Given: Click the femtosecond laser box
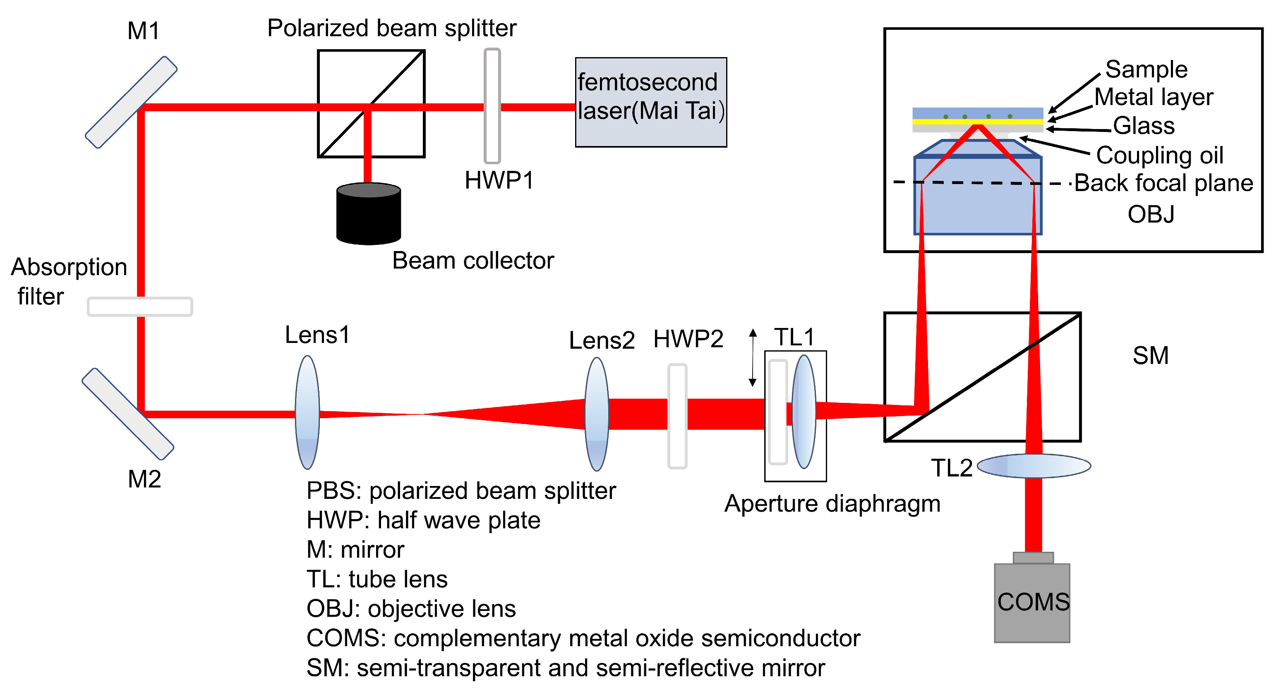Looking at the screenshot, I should [x=650, y=102].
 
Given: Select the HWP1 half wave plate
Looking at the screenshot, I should [x=492, y=105].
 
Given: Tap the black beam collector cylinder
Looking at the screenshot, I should [x=368, y=214].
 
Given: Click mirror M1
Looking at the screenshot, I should [x=131, y=102].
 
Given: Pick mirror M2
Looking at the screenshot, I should [x=127, y=414].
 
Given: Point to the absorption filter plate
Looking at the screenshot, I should [x=140, y=306].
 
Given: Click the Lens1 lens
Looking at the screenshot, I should [x=307, y=412].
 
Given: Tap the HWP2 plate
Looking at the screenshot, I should [x=677, y=416].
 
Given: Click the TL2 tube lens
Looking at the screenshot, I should [x=1034, y=466].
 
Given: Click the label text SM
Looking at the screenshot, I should [x=1150, y=356].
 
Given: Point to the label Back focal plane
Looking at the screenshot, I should [x=1163, y=183].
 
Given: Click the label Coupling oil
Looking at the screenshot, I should [x=1159, y=156].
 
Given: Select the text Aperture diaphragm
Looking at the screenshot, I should [x=832, y=504].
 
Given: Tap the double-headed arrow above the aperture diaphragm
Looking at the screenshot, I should [x=753, y=358].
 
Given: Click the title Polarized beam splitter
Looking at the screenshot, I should [x=391, y=28].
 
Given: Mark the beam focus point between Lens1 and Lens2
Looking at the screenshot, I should [x=419, y=414].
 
